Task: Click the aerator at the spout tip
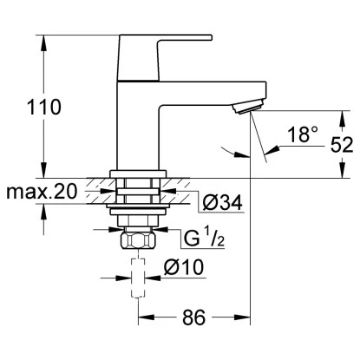pyautogui.click(x=245, y=103)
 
